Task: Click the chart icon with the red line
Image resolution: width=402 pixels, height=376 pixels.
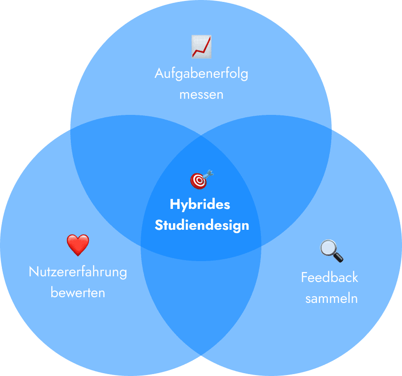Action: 201,47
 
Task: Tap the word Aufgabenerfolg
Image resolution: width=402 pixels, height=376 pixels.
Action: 201,74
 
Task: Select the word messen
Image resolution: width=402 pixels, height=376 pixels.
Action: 201,94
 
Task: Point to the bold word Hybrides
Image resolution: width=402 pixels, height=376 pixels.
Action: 200,205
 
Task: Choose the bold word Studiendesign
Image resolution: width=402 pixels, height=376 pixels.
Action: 201,225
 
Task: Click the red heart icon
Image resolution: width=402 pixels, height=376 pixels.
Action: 78,245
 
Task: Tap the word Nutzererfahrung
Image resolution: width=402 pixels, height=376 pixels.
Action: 78,272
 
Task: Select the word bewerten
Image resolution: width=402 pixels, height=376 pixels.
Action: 78,292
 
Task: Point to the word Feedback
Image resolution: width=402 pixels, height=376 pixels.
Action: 329,277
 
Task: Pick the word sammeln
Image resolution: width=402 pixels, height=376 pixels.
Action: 331,299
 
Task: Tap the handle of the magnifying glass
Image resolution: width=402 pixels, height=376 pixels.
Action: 338,258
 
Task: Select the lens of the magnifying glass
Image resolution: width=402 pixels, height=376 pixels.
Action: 328,247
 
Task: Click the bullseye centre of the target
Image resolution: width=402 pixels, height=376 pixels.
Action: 198,180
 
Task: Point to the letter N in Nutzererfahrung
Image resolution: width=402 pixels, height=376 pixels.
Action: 33,272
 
